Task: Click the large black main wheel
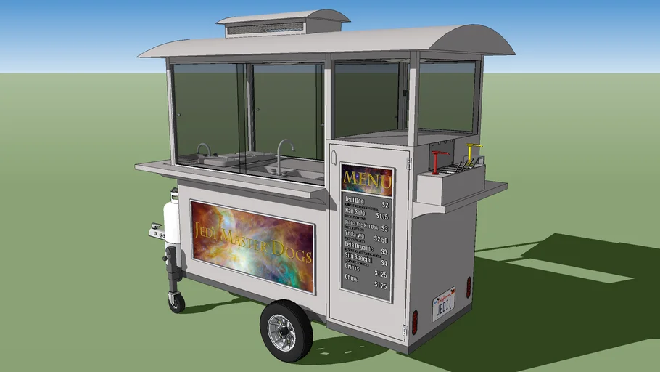[286, 331]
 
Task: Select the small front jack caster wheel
[177, 302]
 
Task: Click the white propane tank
[172, 218]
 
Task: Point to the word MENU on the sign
[367, 179]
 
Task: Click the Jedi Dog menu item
[355, 201]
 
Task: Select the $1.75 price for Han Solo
[381, 217]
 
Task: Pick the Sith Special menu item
[358, 259]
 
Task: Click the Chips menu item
[352, 279]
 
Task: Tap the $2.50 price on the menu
[381, 239]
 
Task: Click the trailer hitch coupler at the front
[157, 232]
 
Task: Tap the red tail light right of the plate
[469, 287]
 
